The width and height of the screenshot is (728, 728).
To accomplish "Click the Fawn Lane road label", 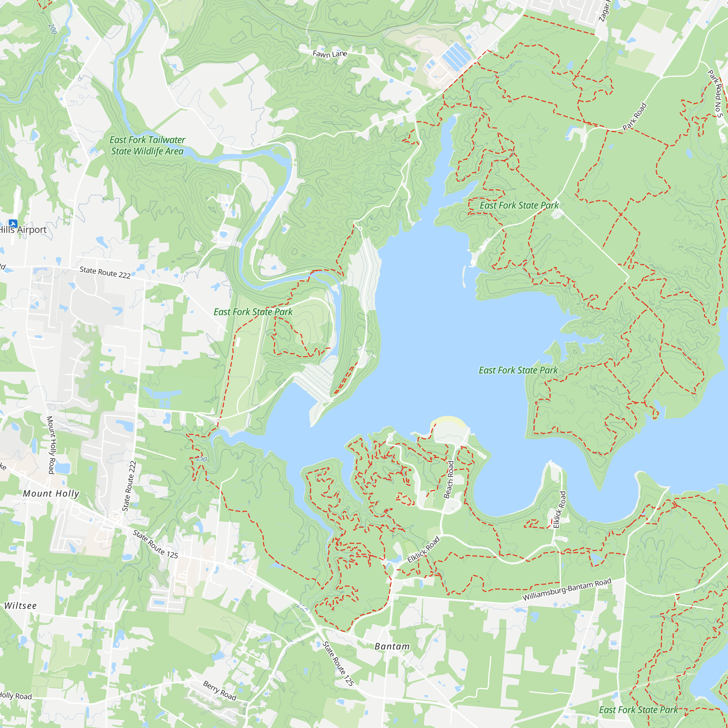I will [x=330, y=54].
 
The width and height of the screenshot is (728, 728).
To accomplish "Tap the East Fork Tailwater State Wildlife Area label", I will [x=147, y=146].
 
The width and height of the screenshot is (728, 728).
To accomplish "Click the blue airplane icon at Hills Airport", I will [x=13, y=224].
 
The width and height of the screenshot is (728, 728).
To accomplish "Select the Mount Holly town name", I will [x=51, y=494].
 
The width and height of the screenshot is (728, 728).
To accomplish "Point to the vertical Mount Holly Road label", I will [x=51, y=445].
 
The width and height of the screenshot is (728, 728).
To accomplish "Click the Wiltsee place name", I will [x=20, y=606].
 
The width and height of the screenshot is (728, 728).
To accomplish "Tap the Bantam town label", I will [x=392, y=646].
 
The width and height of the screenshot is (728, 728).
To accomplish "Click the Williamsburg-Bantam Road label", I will [x=567, y=589].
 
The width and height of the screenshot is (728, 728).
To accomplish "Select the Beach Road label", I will [x=449, y=480].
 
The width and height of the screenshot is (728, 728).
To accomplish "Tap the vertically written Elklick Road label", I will [x=559, y=510].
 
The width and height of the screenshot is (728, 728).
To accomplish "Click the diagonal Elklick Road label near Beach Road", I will [x=424, y=550].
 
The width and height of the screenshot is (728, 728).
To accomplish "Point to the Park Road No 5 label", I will [x=715, y=94].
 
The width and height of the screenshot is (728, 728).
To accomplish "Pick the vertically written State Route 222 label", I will [x=129, y=486].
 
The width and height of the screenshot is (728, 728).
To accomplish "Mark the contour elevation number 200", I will [x=52, y=29].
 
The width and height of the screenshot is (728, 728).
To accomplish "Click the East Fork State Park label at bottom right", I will [x=638, y=710].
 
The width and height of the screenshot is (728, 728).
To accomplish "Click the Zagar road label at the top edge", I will [x=604, y=11].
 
